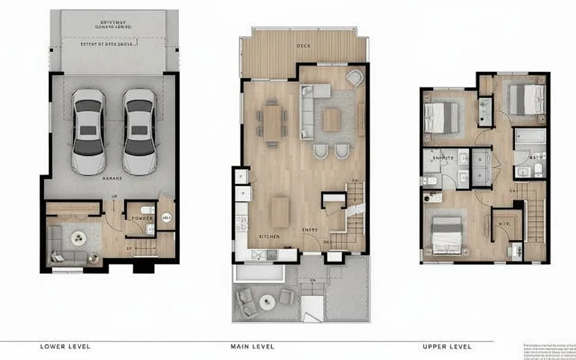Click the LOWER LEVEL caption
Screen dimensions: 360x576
65,346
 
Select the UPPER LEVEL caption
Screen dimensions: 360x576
447,346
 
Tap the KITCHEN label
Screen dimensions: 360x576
269,237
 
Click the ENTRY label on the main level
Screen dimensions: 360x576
310,230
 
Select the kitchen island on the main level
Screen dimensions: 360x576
280,211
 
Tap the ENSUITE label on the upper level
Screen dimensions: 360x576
442,159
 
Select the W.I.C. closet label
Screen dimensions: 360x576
503,224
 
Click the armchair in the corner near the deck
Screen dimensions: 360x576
355,78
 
